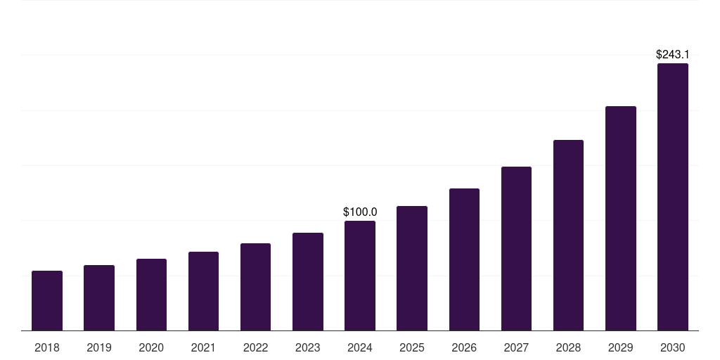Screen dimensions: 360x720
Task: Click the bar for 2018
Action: pyautogui.click(x=47, y=300)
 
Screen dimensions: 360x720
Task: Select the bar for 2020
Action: pyautogui.click(x=151, y=295)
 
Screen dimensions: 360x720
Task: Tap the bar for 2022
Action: pyautogui.click(x=255, y=287)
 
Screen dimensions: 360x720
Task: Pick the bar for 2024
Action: pyautogui.click(x=360, y=276)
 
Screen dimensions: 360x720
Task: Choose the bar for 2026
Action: pyautogui.click(x=464, y=259)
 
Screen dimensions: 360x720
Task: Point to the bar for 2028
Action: pyautogui.click(x=568, y=235)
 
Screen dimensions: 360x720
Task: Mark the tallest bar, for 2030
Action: pyautogui.click(x=673, y=197)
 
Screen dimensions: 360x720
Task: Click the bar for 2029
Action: pyautogui.click(x=621, y=218)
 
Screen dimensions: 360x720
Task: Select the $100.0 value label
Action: pyautogui.click(x=360, y=212)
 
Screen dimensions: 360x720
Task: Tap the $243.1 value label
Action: pyautogui.click(x=673, y=54)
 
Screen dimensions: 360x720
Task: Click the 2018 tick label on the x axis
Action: pyautogui.click(x=47, y=347)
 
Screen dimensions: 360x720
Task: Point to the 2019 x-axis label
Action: pyautogui.click(x=99, y=347)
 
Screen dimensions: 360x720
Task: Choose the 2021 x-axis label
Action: pyautogui.click(x=203, y=347)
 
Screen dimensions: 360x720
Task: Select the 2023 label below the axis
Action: pyautogui.click(x=308, y=347)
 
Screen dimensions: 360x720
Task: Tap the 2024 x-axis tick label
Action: pyautogui.click(x=360, y=347)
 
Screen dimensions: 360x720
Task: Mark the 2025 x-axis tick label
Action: pyautogui.click(x=412, y=347)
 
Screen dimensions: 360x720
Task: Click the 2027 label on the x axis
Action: pyautogui.click(x=516, y=347)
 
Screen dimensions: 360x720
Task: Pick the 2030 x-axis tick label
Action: pyautogui.click(x=673, y=347)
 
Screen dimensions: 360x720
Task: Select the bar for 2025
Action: pyautogui.click(x=412, y=268)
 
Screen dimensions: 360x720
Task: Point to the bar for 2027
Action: pyautogui.click(x=516, y=248)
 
